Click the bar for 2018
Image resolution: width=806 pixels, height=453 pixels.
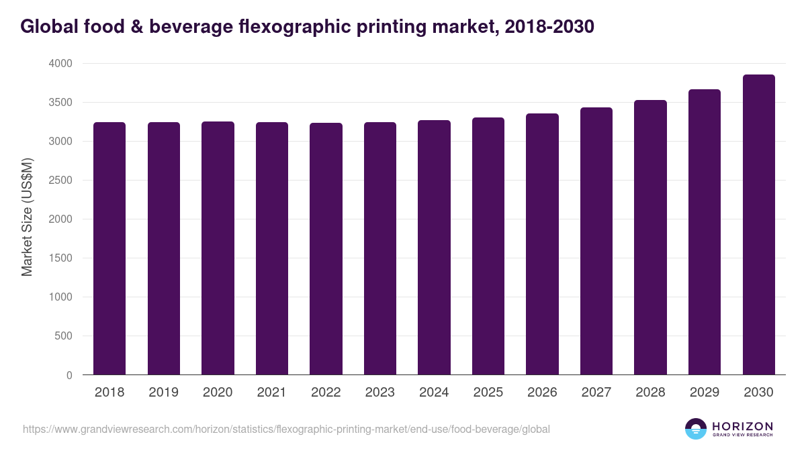109,248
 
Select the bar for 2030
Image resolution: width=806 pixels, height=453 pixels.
758,225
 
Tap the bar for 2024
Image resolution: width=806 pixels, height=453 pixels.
434,248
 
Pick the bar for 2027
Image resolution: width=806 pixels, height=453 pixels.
596,241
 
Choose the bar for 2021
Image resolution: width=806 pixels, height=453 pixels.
272,248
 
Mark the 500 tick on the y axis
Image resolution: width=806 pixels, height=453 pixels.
63,336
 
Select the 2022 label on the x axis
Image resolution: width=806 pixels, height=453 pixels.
326,393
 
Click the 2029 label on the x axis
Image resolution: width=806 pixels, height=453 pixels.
705,393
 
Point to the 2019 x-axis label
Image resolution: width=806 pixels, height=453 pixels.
163,393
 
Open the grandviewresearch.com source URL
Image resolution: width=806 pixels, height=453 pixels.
286,429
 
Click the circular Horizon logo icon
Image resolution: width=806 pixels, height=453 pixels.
696,429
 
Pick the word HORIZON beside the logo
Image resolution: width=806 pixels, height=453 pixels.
742,425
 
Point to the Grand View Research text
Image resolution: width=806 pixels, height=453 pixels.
742,435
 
